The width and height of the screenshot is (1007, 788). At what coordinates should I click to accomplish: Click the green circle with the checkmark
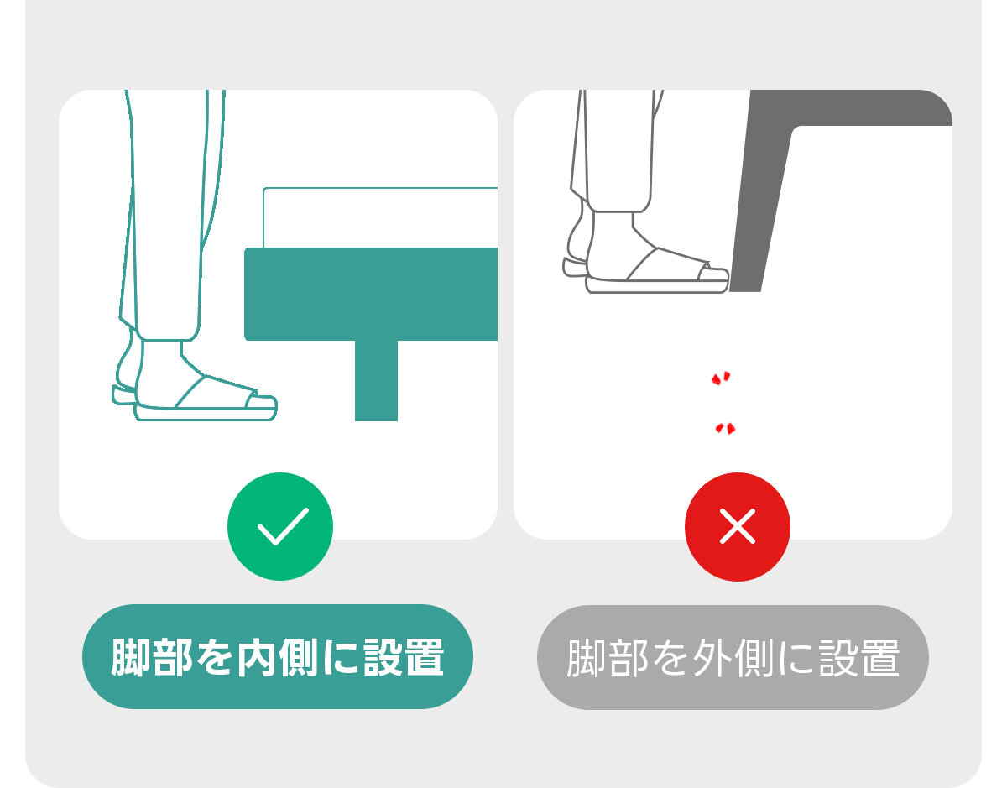tap(280, 526)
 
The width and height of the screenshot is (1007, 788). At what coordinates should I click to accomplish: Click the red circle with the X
tap(738, 527)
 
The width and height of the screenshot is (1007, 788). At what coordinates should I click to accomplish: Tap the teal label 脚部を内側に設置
tap(278, 656)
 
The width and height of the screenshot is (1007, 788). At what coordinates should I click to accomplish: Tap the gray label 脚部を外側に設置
tap(733, 657)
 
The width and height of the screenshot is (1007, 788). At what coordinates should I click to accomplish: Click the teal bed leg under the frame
tap(376, 380)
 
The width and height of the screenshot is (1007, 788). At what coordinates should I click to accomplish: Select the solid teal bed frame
tap(371, 295)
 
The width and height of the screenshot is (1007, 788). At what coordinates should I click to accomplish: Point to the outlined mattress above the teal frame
tap(380, 217)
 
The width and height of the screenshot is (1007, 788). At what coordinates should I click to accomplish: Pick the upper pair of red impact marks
tap(721, 378)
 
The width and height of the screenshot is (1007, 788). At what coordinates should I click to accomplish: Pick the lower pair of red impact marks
tap(725, 428)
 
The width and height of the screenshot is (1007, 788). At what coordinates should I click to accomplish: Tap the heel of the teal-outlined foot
tap(125, 371)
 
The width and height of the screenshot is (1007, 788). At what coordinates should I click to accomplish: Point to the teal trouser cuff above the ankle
tap(168, 332)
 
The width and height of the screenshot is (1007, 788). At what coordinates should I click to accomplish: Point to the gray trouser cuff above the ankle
tap(619, 205)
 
